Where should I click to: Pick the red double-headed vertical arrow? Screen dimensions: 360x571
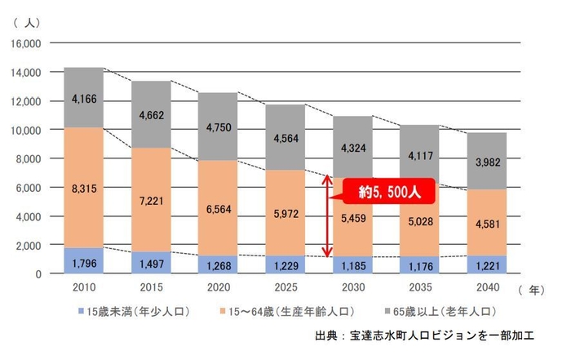point(328,217)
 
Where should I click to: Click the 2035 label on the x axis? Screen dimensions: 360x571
point(420,288)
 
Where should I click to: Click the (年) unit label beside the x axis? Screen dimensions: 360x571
point(531,288)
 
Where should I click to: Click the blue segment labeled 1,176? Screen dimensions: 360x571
point(420,264)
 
